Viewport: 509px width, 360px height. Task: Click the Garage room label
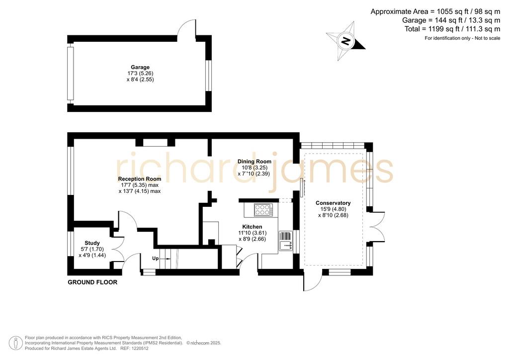pyautogui.click(x=140, y=67)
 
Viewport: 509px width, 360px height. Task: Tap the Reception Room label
pyautogui.click(x=140, y=179)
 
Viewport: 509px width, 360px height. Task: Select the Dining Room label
pyautogui.click(x=254, y=161)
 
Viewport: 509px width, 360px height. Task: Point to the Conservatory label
pyautogui.click(x=333, y=203)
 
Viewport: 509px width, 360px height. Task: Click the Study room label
pyautogui.click(x=92, y=243)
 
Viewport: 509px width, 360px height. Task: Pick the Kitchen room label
pyautogui.click(x=252, y=227)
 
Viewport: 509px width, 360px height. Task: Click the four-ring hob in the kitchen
pyautogui.click(x=263, y=210)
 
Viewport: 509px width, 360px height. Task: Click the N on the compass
pyautogui.click(x=346, y=41)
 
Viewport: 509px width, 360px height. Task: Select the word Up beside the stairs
pyautogui.click(x=156, y=259)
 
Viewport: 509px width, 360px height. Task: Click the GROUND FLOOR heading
pyautogui.click(x=92, y=282)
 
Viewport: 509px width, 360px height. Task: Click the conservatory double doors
pyautogui.click(x=377, y=227)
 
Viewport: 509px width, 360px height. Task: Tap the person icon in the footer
pyautogui.click(x=15, y=344)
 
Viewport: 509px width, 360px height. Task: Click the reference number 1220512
pyautogui.click(x=139, y=348)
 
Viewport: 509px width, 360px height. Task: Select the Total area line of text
pyautogui.click(x=452, y=29)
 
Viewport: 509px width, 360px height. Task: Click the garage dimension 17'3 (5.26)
pyautogui.click(x=140, y=74)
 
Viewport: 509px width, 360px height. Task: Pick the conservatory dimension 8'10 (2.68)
pyautogui.click(x=333, y=215)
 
